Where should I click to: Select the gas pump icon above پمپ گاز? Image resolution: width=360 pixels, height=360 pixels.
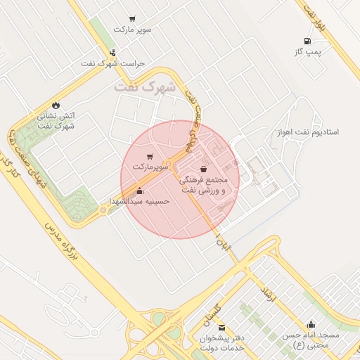click(307, 41)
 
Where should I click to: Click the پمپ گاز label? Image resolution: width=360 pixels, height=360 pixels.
click(307, 52)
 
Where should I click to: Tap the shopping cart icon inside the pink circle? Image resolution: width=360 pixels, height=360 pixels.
click(149, 157)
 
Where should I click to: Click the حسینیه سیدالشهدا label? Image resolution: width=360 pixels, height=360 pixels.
click(139, 201)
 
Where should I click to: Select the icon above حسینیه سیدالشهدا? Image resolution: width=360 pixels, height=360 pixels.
click(139, 191)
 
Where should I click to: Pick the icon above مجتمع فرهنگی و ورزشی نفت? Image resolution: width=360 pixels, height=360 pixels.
click(204, 169)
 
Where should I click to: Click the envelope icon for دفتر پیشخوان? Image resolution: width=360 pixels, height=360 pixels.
click(222, 328)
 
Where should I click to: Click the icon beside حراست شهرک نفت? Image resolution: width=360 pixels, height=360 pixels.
click(112, 53)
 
